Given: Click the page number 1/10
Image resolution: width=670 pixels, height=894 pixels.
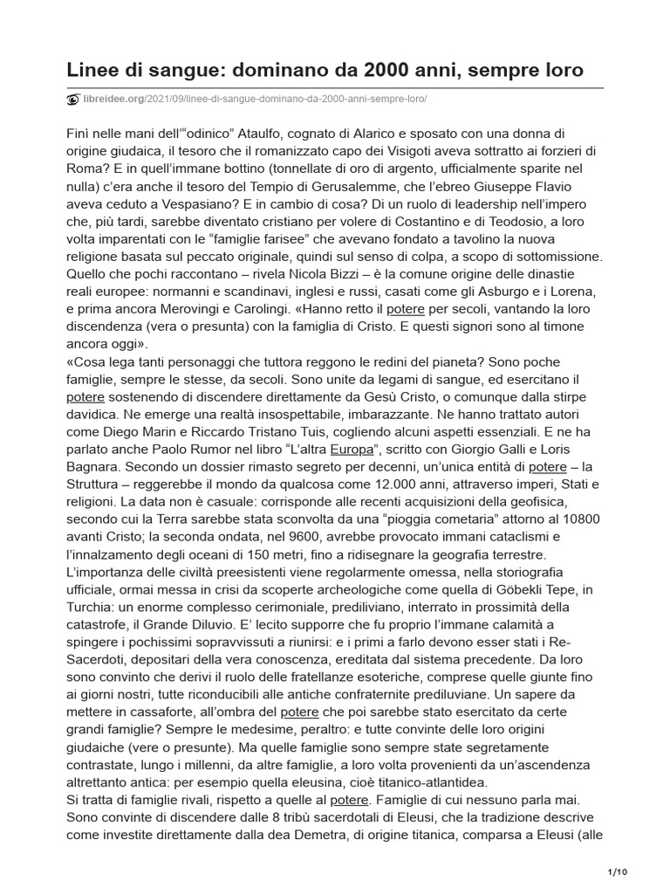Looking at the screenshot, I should pos(616,871).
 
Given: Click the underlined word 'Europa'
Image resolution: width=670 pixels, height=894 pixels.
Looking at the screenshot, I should pos(352,450).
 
